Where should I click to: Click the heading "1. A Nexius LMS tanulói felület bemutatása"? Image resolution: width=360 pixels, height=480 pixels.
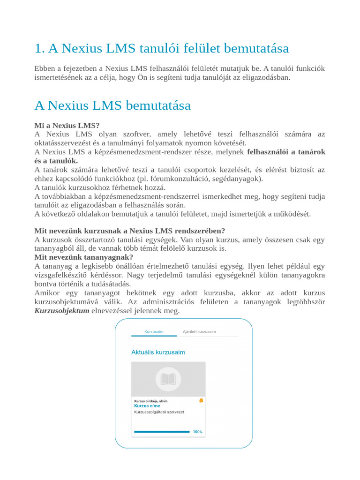click(162, 48)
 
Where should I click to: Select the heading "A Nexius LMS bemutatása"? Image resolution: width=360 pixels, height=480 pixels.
click(112, 105)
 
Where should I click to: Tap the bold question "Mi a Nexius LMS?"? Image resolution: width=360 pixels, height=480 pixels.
click(67, 126)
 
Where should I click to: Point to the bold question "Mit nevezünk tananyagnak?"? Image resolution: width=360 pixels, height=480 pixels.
click(84, 257)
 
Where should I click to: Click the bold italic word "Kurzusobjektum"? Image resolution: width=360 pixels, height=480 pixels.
click(62, 311)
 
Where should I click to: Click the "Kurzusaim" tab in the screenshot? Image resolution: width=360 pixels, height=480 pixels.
click(154, 331)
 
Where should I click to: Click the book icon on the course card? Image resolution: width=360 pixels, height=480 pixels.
click(168, 379)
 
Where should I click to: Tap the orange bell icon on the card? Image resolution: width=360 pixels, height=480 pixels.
click(201, 400)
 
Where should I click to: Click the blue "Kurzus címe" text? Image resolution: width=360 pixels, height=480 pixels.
click(147, 406)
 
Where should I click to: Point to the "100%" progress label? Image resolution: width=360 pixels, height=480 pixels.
click(198, 432)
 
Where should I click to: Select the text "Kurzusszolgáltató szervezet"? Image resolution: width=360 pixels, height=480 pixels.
click(159, 412)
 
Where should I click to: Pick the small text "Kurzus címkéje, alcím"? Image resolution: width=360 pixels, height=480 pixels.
click(150, 401)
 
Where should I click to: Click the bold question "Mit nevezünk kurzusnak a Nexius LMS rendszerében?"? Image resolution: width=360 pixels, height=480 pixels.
click(130, 231)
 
